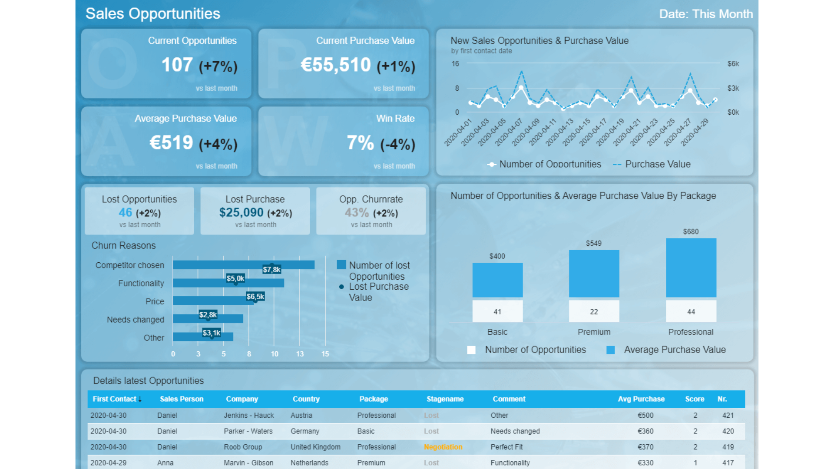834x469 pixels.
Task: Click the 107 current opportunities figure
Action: [x=177, y=65]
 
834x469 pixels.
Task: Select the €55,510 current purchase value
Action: [x=336, y=65]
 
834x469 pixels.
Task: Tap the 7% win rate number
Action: [x=360, y=143]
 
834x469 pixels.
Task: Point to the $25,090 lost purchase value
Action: [x=241, y=212]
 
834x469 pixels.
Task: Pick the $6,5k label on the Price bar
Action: [x=255, y=297]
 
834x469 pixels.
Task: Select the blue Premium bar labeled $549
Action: [x=594, y=274]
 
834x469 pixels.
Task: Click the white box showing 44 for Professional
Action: [x=691, y=311]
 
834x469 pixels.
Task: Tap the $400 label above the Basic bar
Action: [x=497, y=256]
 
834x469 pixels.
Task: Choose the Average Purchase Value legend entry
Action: [x=674, y=350]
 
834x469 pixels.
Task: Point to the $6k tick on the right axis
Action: [x=733, y=64]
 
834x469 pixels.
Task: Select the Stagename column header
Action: [x=445, y=399]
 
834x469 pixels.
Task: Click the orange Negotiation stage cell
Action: [x=443, y=447]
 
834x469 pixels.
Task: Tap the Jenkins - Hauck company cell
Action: [x=248, y=415]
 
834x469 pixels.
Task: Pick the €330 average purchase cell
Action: [x=645, y=462]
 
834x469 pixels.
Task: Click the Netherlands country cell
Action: [x=309, y=462]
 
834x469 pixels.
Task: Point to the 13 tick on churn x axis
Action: [x=300, y=354]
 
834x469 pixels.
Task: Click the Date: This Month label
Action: [x=705, y=14]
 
